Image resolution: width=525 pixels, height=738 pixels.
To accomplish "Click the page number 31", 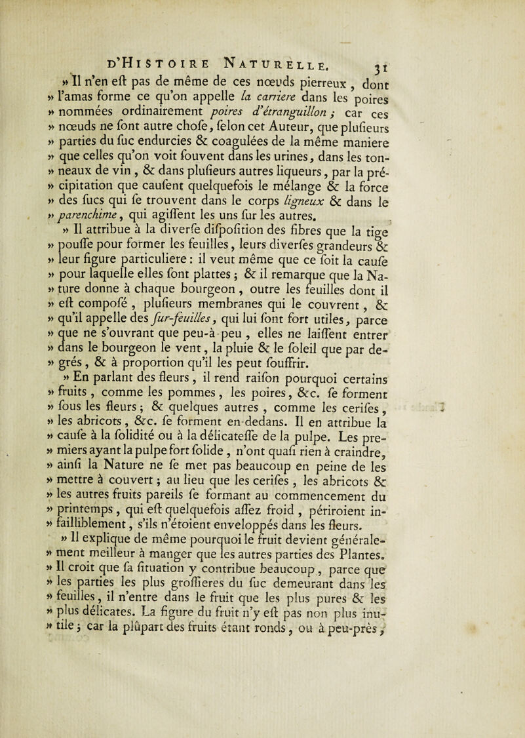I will [474, 50].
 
